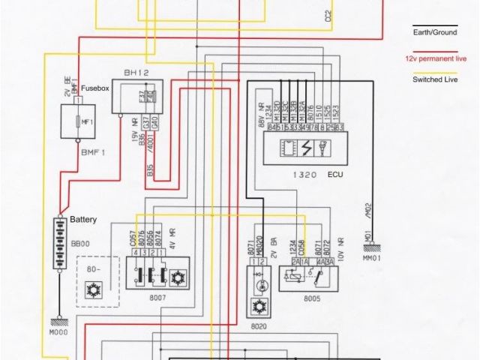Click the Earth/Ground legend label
click(433, 32)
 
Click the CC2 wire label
click(328, 15)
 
